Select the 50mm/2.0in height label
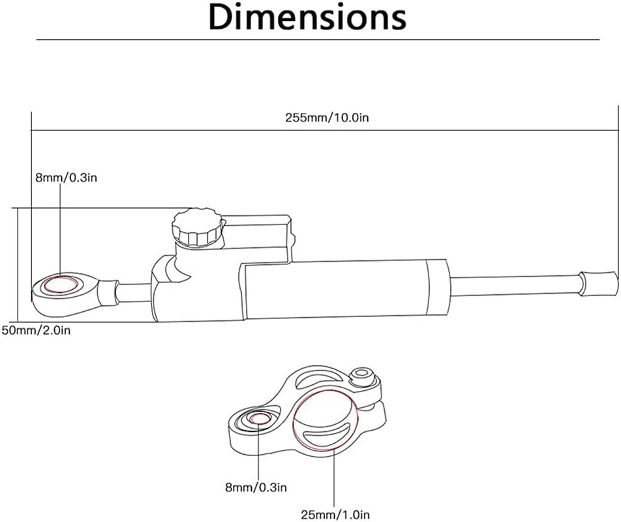point(36,330)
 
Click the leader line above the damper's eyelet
point(61,228)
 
